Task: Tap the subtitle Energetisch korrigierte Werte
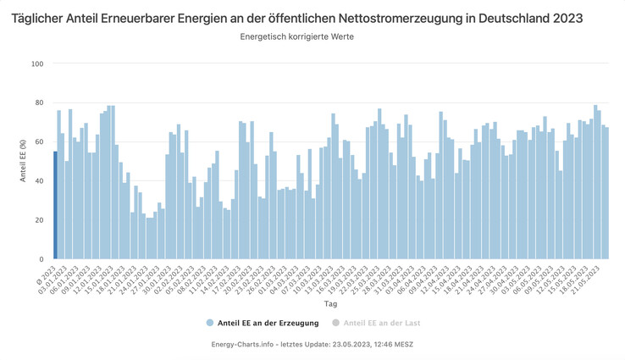[296, 37]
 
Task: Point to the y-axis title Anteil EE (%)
[22, 161]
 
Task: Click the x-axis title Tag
[329, 303]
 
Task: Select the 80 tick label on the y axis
[38, 102]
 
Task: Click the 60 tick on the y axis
[38, 141]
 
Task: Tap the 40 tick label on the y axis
[38, 180]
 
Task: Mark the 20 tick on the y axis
[38, 220]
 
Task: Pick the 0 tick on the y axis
[41, 259]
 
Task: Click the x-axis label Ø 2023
[48, 274]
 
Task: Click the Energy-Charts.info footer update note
[312, 344]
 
